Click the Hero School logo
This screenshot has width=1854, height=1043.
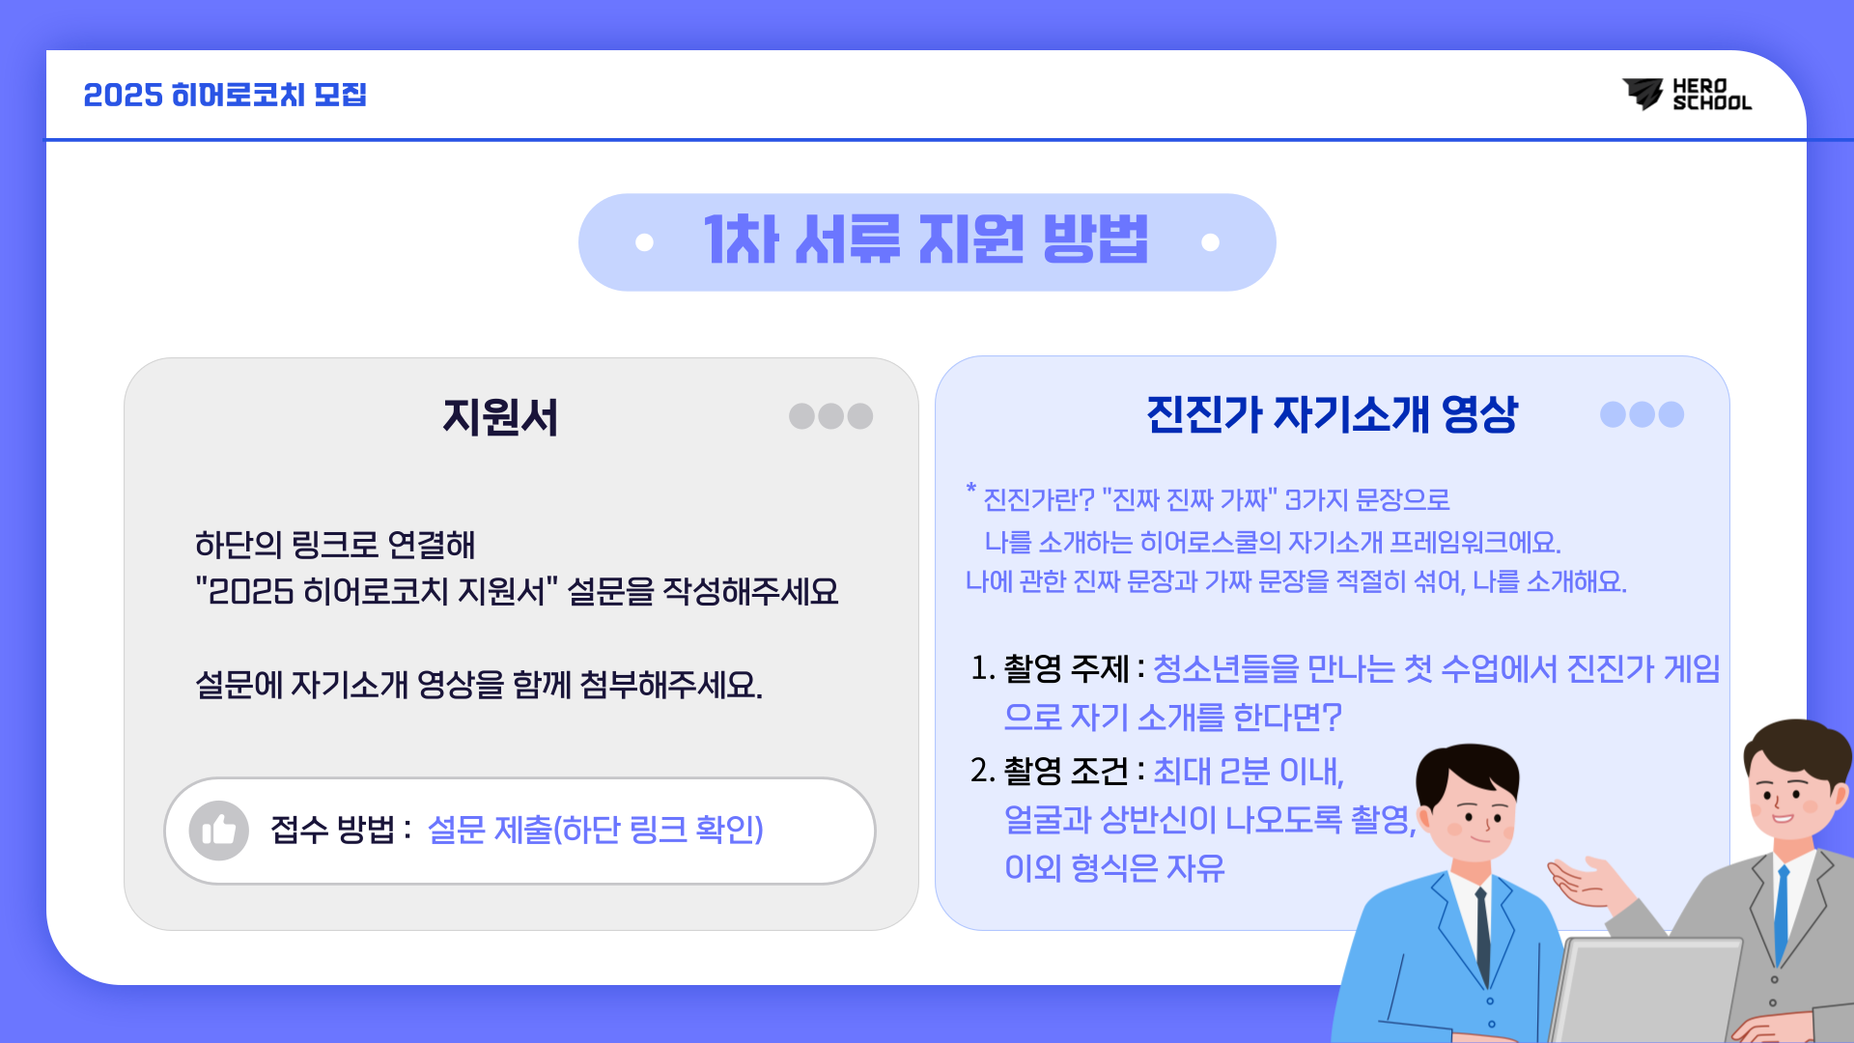(1686, 95)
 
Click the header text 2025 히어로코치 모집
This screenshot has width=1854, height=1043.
(225, 95)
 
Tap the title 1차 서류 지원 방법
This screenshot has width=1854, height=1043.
(926, 240)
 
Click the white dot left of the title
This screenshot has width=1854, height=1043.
(644, 242)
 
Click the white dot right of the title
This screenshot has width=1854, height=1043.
(1210, 242)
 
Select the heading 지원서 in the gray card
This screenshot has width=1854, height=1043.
(500, 417)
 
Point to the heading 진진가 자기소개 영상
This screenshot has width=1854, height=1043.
(1332, 414)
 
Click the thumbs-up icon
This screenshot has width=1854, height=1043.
(219, 830)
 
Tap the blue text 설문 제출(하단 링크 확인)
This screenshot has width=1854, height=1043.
(595, 830)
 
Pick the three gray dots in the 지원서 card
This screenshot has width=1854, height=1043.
(830, 415)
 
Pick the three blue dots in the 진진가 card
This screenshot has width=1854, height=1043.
(1642, 414)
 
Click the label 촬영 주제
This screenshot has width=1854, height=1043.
(1066, 668)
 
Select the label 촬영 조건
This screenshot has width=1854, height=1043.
(1066, 771)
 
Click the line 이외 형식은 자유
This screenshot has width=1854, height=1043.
(1114, 868)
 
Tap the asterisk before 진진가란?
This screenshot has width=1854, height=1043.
(971, 490)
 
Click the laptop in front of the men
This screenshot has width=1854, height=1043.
(1646, 990)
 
